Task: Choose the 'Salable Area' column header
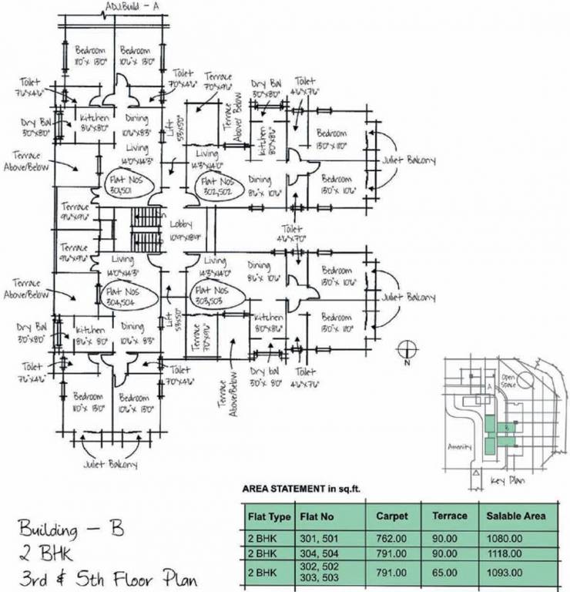(x=515, y=516)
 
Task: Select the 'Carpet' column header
(x=391, y=516)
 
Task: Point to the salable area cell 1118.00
(x=504, y=554)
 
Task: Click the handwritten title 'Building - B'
(x=71, y=531)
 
